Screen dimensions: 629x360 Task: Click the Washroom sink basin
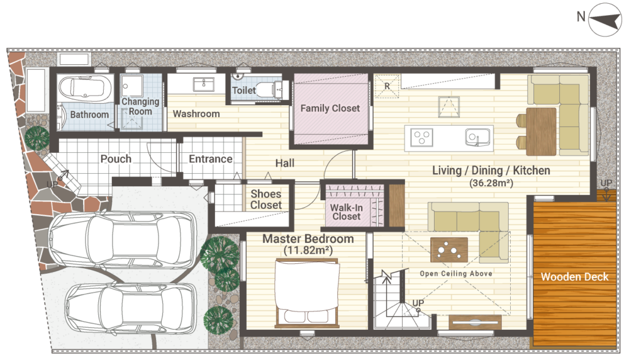(x=203, y=84)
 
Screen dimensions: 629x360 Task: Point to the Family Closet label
(x=330, y=108)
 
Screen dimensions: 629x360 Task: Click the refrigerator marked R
(x=387, y=86)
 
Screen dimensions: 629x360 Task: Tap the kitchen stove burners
(x=421, y=138)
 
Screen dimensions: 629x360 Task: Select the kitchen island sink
(x=477, y=137)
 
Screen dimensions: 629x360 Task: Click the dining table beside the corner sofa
(x=541, y=132)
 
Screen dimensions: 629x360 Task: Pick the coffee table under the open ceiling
(x=449, y=250)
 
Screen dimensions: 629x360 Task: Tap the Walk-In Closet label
(x=347, y=212)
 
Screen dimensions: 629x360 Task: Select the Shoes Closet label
(x=266, y=200)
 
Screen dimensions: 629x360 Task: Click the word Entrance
(x=211, y=159)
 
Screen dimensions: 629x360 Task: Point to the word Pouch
(x=116, y=159)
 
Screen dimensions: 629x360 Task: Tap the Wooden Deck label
(x=574, y=276)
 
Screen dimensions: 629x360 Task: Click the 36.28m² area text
(x=491, y=183)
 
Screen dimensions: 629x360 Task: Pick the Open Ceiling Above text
(x=456, y=274)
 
